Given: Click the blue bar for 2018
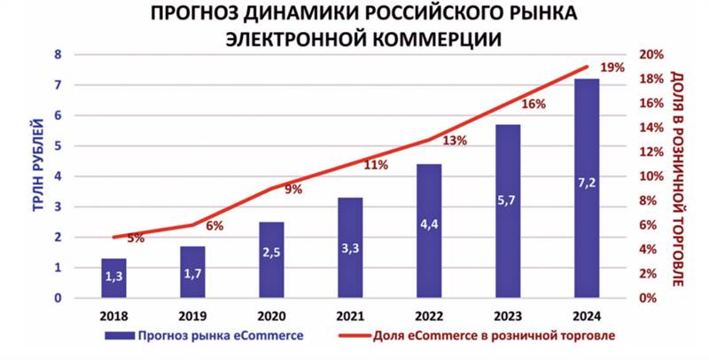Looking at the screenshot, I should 114,278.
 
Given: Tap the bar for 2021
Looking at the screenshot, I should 350,247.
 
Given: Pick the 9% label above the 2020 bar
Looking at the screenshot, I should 293,189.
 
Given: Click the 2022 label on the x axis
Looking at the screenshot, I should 429,315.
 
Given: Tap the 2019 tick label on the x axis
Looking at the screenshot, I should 193,315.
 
